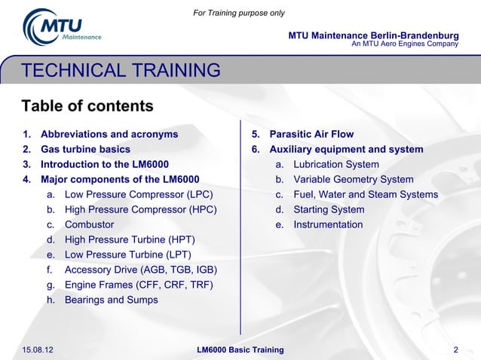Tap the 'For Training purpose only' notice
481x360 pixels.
[x=239, y=13]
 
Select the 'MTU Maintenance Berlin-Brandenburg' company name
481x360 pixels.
[x=373, y=35]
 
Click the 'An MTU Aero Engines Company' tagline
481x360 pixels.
[x=405, y=44]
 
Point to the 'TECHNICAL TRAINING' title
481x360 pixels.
[x=121, y=71]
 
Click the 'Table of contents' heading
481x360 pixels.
[x=87, y=105]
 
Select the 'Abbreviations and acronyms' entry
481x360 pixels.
[x=109, y=134]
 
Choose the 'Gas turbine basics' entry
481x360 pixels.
[x=85, y=149]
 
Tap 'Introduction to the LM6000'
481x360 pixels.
[x=104, y=164]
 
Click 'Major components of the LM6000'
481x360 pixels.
[x=120, y=179]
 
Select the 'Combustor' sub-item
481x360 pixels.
[x=89, y=224]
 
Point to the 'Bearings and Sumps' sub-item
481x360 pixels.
[x=111, y=300]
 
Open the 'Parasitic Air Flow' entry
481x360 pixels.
[x=311, y=134]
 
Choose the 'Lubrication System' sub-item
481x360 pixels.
[x=336, y=164]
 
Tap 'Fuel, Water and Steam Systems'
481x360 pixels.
[x=365, y=194]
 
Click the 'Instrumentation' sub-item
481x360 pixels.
[x=328, y=224]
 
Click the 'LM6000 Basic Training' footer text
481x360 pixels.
[x=240, y=349]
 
